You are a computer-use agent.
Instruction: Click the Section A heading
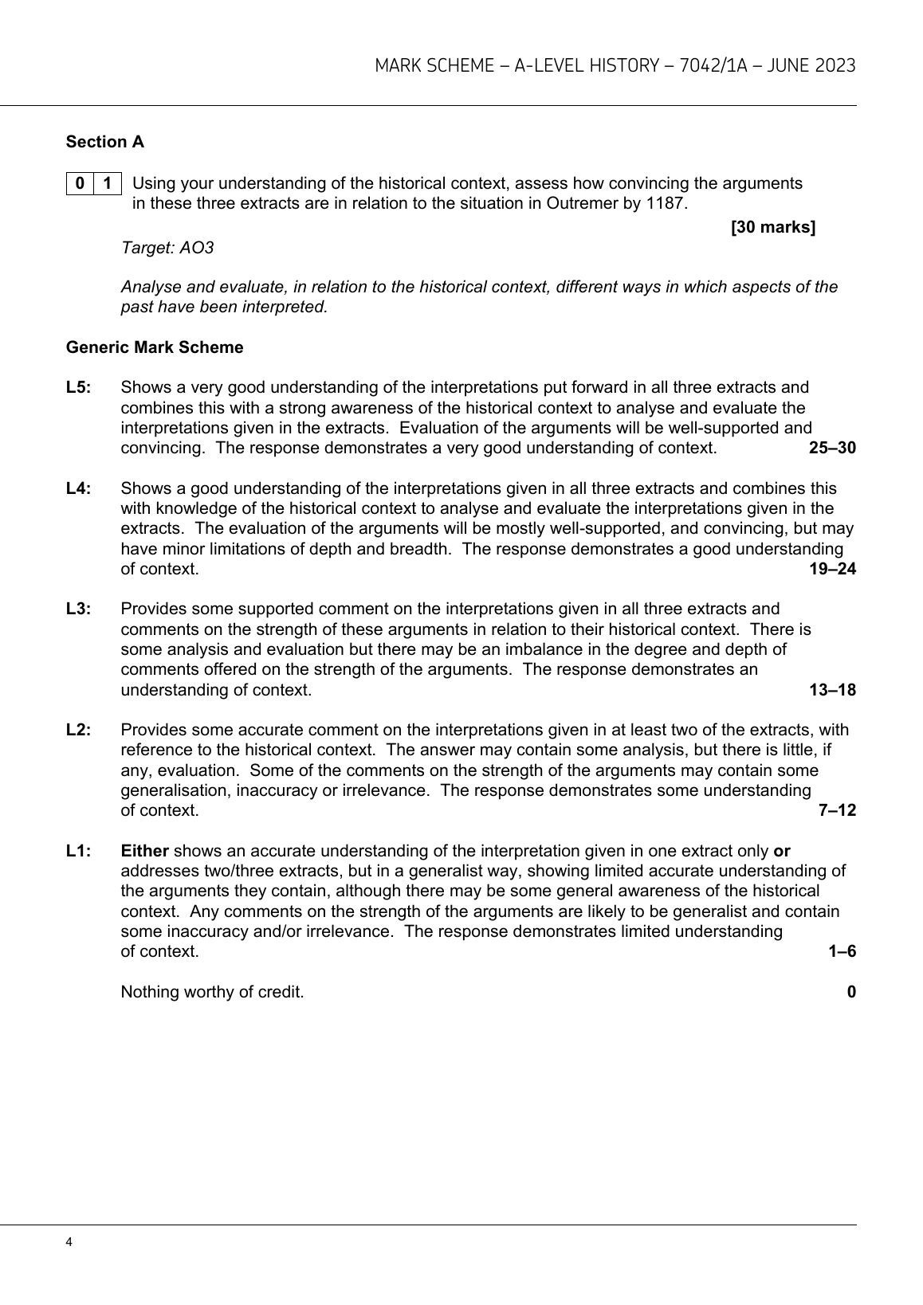tap(105, 142)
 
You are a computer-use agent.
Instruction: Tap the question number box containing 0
tap(80, 183)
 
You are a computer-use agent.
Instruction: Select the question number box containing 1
tap(108, 183)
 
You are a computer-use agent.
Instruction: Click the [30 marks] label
tap(772, 228)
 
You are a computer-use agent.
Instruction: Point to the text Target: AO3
tap(167, 248)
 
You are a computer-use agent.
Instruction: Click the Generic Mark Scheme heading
tap(155, 347)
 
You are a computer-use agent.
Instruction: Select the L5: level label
tap(79, 388)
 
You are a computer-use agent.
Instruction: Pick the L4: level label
tap(79, 488)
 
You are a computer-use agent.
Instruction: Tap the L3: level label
tap(79, 609)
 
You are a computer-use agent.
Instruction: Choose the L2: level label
tap(79, 730)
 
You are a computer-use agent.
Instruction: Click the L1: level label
tap(79, 851)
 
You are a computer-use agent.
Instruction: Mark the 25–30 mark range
tap(832, 448)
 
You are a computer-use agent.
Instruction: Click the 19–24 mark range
tap(832, 569)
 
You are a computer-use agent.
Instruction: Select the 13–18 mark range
tap(832, 690)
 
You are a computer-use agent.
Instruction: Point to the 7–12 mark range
tap(837, 810)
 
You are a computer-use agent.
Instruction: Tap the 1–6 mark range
tap(842, 951)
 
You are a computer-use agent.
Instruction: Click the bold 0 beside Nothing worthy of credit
tap(851, 992)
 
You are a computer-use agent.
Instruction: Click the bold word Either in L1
tap(144, 851)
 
